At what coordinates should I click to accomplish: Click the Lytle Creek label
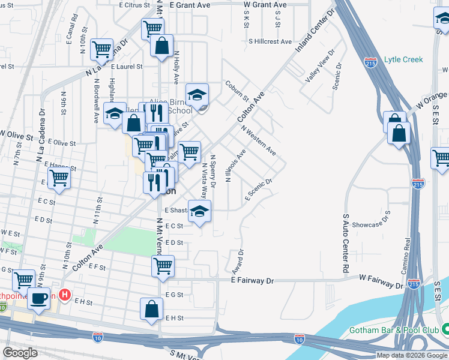403,59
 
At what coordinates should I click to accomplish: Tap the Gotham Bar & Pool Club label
390,330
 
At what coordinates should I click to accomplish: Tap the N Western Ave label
258,140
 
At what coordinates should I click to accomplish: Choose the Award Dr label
240,260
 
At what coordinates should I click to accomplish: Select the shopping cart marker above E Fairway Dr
163,266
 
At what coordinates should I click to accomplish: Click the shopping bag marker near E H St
152,309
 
